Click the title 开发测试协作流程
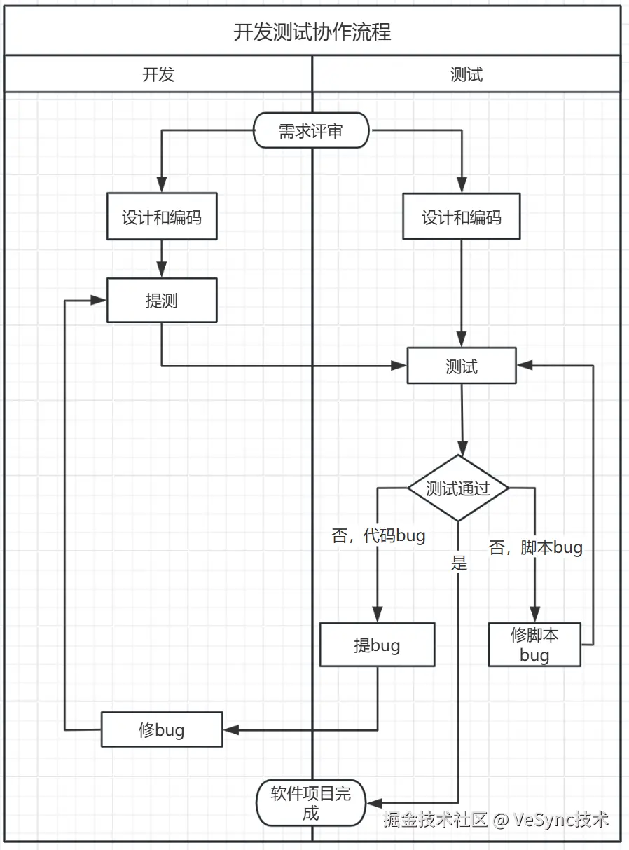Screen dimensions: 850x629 [312, 32]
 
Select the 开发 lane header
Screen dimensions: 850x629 [158, 74]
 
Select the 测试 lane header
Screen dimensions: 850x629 [466, 74]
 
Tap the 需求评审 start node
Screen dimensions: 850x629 [310, 130]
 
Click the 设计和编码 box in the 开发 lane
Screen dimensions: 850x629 [162, 217]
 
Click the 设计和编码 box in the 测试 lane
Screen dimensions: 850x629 [462, 217]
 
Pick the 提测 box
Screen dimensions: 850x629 [162, 301]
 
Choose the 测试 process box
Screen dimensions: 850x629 [462, 366]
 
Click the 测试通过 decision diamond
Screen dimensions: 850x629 [458, 488]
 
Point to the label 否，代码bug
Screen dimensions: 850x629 [378, 536]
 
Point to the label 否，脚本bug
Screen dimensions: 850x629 [536, 547]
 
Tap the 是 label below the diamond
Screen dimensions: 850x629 [459, 562]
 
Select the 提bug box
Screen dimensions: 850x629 [377, 645]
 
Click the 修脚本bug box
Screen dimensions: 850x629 [534, 645]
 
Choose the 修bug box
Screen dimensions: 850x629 [162, 729]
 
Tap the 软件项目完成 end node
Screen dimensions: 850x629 [310, 802]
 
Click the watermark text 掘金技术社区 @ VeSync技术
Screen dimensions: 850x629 [496, 819]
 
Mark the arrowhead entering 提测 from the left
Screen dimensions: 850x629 [99, 301]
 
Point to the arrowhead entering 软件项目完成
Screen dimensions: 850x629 [373, 802]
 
